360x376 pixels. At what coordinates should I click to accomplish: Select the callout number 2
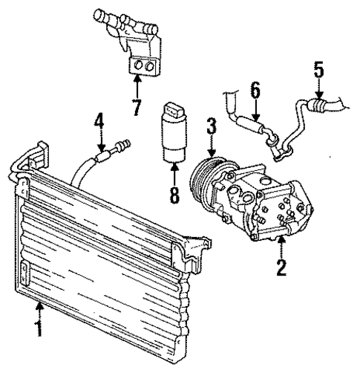click(x=281, y=266)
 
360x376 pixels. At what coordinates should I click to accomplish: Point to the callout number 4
click(x=98, y=119)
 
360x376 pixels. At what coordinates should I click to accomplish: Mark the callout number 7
click(x=136, y=107)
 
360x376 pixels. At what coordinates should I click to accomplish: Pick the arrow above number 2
click(x=281, y=247)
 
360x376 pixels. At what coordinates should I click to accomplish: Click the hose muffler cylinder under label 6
click(x=251, y=123)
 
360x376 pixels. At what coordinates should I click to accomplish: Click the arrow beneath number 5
click(x=318, y=89)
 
